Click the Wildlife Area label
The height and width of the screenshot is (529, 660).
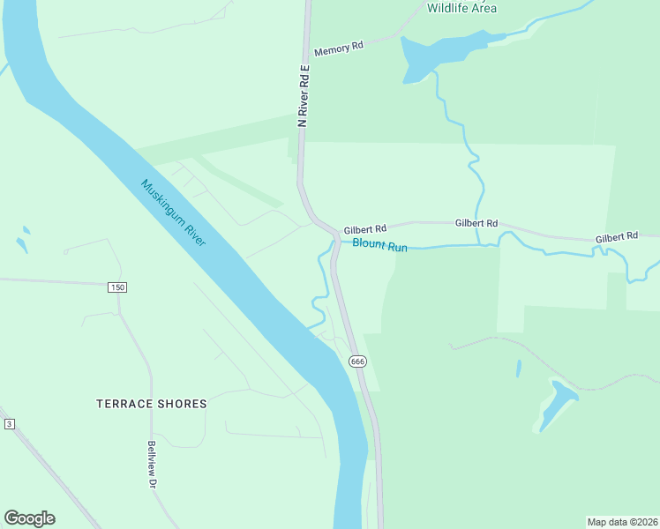pos(461,8)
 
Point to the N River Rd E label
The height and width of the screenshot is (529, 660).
pos(303,96)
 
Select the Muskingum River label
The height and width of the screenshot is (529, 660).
pos(173,213)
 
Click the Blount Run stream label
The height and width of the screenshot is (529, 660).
pos(379,246)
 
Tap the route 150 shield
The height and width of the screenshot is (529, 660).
pos(117,287)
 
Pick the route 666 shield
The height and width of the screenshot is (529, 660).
pos(357,361)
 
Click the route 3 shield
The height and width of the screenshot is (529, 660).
pos(9,424)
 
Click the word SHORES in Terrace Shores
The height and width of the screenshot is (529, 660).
pos(184,404)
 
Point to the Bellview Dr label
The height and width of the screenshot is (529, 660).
pos(152,466)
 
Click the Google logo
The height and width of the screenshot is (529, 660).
pos(29,518)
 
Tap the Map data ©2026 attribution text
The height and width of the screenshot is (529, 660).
pos(622,521)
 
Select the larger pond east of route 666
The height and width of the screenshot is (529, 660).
pos(557,405)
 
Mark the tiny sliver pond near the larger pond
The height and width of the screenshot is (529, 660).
pos(518,368)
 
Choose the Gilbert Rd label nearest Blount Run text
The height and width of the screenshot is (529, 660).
pos(365,228)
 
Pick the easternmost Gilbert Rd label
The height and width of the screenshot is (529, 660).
pos(616,238)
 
